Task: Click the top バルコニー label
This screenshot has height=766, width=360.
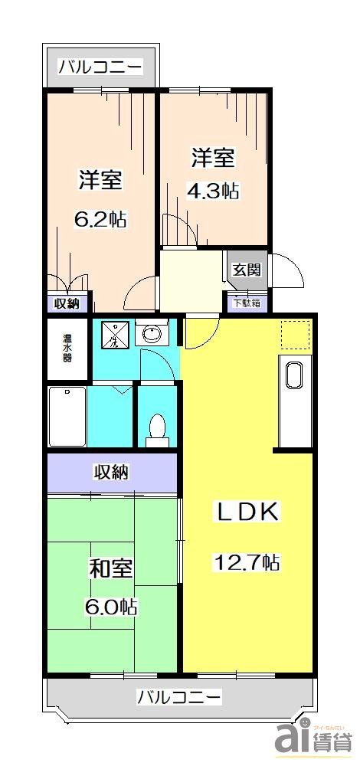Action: click(100, 67)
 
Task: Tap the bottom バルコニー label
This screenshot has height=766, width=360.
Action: click(180, 697)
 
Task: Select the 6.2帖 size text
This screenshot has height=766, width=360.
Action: click(100, 219)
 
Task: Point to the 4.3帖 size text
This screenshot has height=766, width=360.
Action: click(213, 191)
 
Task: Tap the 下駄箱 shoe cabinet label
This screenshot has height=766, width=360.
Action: click(247, 303)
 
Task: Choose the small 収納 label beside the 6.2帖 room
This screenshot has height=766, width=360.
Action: click(67, 303)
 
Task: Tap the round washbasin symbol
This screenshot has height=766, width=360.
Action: click(152, 334)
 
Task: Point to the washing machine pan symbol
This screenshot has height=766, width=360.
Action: click(113, 335)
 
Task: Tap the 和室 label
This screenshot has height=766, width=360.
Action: click(111, 570)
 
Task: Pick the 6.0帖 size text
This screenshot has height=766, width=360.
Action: click(111, 607)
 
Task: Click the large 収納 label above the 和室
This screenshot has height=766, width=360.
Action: click(111, 472)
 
